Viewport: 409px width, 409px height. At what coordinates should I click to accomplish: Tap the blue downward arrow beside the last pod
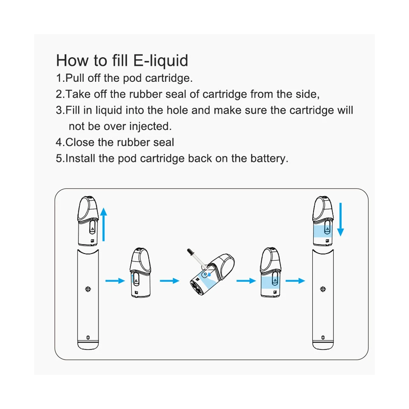(340, 220)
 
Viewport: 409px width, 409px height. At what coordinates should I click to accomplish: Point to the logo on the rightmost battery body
(323, 289)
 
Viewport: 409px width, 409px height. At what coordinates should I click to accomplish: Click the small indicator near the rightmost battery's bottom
(323, 337)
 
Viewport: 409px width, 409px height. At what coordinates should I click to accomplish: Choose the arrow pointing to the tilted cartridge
(169, 281)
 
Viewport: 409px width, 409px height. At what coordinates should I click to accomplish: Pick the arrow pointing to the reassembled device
(295, 281)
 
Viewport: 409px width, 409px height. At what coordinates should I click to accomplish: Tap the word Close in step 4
(81, 142)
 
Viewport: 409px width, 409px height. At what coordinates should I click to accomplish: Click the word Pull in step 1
(75, 78)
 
